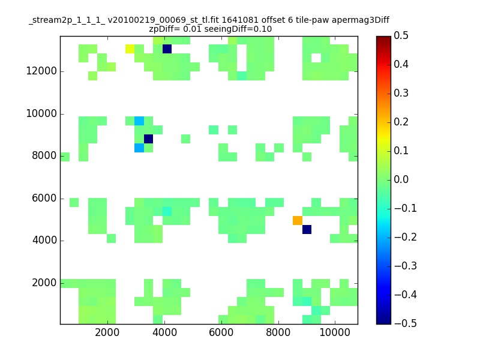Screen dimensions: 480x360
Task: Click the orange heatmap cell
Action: (298, 220)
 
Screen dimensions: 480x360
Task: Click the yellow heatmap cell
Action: (130, 49)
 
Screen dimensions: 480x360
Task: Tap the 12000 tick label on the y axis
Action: (41, 71)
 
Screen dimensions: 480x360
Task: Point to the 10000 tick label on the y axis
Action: (41, 113)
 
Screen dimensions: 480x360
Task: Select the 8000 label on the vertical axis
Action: (44, 155)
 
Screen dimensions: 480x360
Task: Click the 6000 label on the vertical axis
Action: (44, 198)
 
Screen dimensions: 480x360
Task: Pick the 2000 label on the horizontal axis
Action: (107, 332)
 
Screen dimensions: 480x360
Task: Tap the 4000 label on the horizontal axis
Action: (164, 332)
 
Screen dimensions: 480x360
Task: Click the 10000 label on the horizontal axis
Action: (335, 332)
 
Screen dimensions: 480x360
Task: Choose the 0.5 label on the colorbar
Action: (401, 35)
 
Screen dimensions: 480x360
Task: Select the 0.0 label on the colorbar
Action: (401, 179)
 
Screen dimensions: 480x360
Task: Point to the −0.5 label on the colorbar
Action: (406, 323)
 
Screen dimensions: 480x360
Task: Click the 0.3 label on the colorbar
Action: (401, 93)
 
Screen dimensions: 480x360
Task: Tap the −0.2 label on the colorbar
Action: (406, 237)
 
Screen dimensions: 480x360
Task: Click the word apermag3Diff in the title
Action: (361, 20)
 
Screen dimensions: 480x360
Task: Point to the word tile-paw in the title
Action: (312, 20)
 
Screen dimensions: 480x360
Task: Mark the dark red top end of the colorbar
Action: (383, 37)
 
